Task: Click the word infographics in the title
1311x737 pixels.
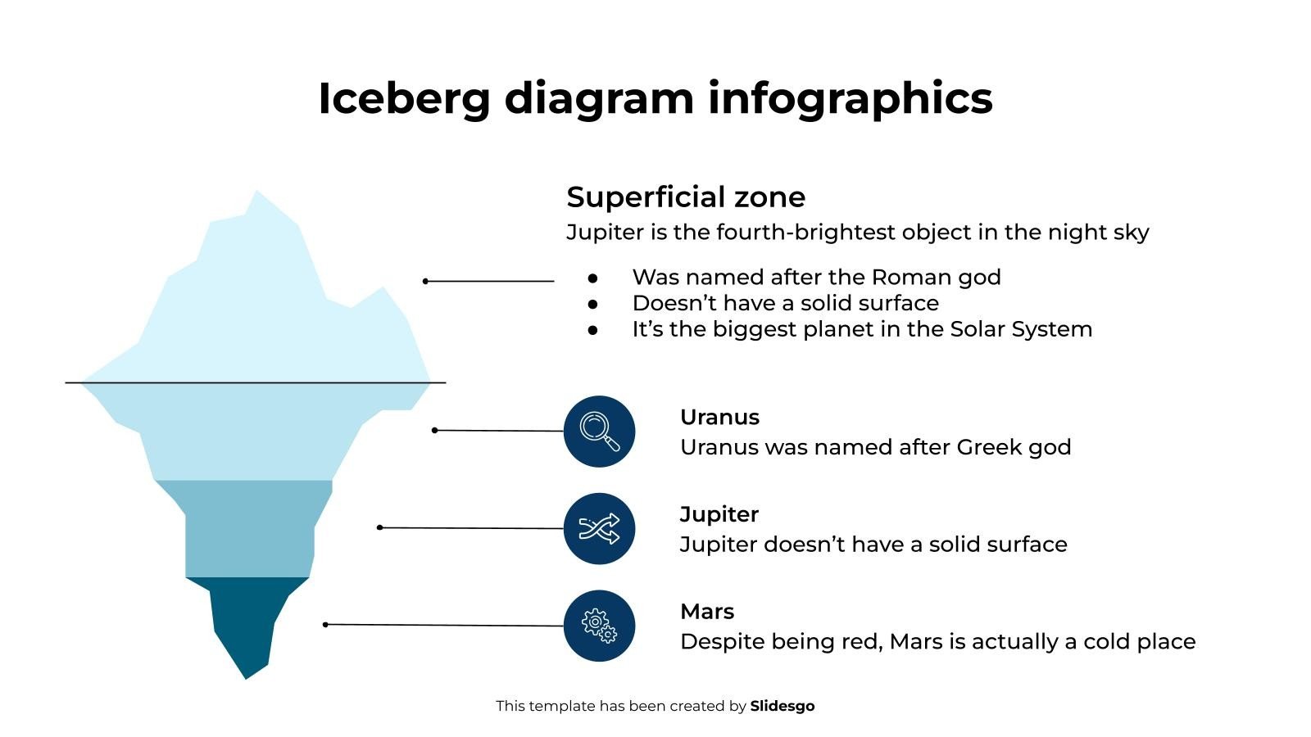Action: click(850, 99)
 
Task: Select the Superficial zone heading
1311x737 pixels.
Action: click(686, 197)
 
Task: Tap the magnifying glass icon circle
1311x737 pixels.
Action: click(599, 432)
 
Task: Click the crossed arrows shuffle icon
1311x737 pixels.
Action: click(599, 529)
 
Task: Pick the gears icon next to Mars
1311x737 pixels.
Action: click(599, 626)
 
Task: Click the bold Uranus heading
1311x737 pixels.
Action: click(719, 417)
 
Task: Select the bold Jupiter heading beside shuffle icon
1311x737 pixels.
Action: click(719, 514)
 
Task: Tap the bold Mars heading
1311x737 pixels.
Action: click(706, 612)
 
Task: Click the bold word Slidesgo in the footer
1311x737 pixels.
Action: click(782, 706)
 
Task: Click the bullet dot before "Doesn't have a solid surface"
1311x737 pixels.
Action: click(593, 304)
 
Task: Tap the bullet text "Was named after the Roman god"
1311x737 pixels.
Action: click(816, 278)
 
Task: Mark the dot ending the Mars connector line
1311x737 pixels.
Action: click(325, 625)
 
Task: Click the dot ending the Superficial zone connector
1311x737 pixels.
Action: click(425, 281)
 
